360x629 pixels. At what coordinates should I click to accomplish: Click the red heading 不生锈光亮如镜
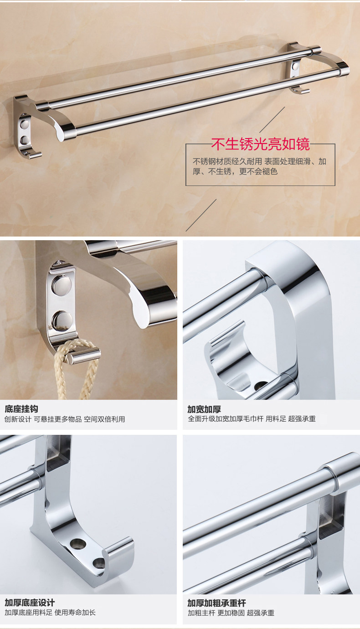coord(260,144)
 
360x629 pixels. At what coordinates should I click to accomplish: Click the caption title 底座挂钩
coord(21,409)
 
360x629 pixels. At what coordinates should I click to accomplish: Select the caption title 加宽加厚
coord(204,409)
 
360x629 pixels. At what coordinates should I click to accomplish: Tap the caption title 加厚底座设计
coord(30,603)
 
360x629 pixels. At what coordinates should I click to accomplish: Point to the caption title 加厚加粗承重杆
coord(217,603)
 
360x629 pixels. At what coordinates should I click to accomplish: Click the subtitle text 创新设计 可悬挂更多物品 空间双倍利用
coord(65,419)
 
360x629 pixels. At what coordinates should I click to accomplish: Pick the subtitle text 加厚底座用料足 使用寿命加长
coord(50,613)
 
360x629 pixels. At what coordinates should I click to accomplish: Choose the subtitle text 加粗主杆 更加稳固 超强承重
coord(231,613)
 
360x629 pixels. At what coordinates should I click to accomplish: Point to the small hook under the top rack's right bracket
coord(297,89)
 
